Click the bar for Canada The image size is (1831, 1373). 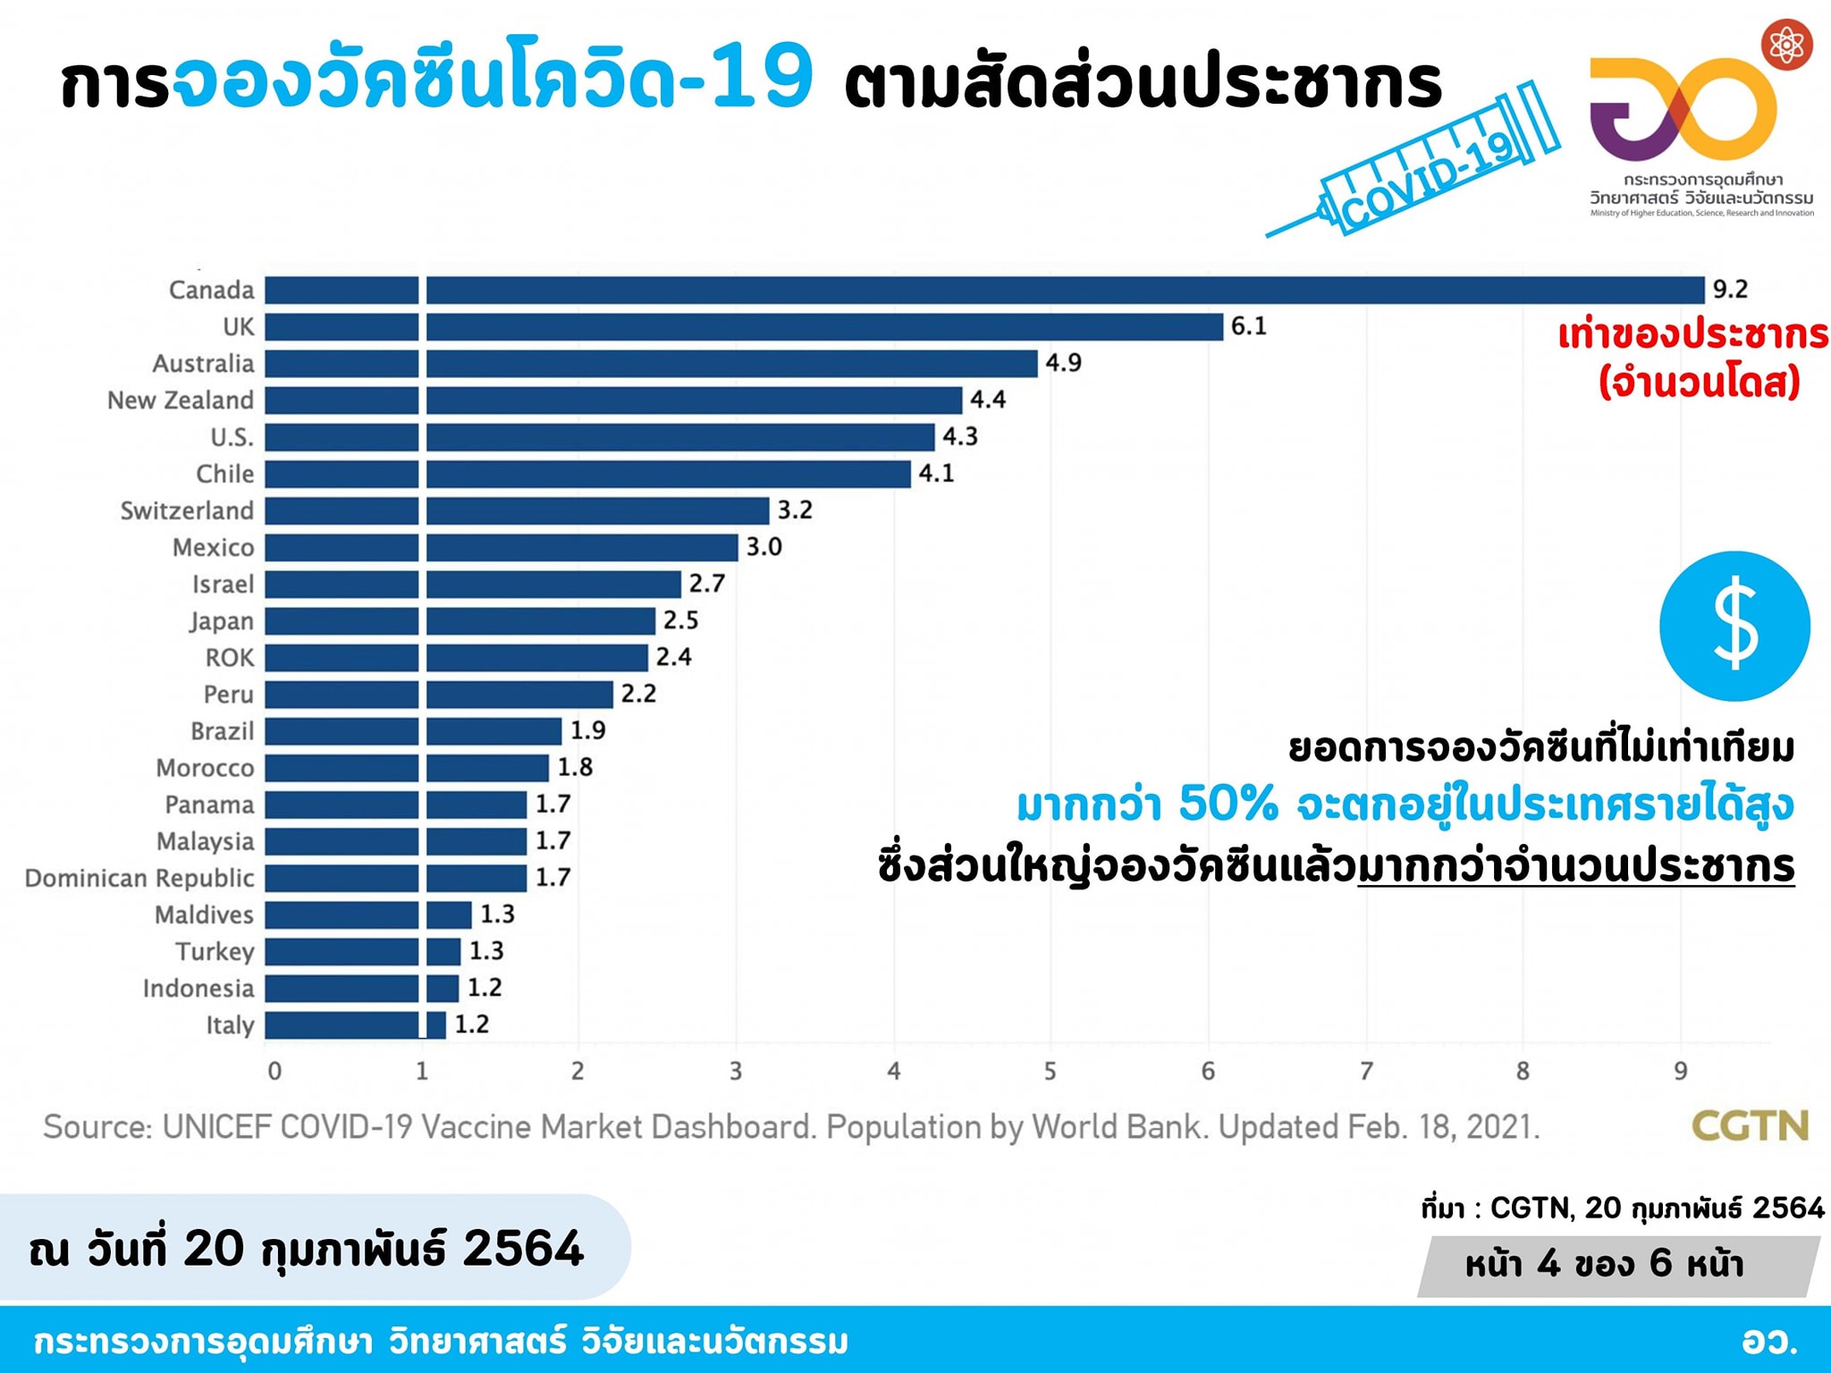click(983, 291)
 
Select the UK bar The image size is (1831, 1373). click(742, 327)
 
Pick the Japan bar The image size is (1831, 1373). click(460, 620)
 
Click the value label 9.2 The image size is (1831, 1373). click(1730, 290)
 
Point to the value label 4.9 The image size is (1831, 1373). click(1063, 363)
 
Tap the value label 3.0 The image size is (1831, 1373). click(764, 547)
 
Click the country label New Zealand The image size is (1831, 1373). click(181, 400)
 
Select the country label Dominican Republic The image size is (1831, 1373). click(139, 878)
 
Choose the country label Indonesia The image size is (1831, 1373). click(198, 988)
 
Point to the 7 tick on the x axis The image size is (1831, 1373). click(1366, 1071)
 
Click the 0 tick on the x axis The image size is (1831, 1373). click(274, 1071)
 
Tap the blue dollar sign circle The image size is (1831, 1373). click(1734, 626)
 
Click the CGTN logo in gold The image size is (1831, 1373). click(1750, 1126)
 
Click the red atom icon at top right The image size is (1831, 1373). click(1786, 45)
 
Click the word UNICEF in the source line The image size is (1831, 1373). click(216, 1127)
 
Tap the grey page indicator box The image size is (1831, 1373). click(1618, 1265)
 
